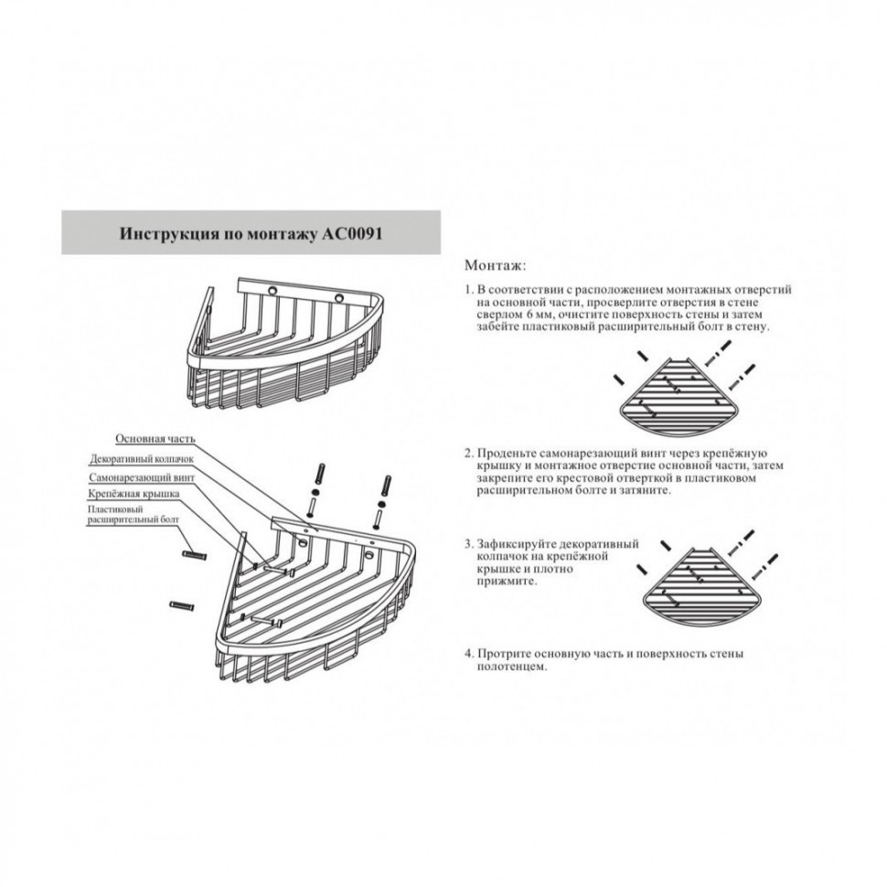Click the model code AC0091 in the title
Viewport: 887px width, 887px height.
point(352,233)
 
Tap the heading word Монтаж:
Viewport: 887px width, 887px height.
point(495,265)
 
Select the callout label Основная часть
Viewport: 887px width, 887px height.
point(155,438)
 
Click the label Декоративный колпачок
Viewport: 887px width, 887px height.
point(142,459)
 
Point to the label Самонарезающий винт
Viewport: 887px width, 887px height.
point(142,477)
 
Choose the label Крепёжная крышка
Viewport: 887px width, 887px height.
point(134,494)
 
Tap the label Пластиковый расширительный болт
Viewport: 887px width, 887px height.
point(133,515)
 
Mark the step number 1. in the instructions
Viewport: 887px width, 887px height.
point(469,290)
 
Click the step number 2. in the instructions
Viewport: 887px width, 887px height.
point(469,454)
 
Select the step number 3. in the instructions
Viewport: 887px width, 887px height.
point(469,544)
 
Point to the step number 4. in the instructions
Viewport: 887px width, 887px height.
point(469,654)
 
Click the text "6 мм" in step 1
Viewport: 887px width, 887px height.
point(533,315)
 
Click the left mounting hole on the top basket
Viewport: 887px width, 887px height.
point(273,292)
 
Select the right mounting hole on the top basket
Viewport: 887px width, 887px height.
point(339,298)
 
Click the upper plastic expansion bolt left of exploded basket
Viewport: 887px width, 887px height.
point(194,555)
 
